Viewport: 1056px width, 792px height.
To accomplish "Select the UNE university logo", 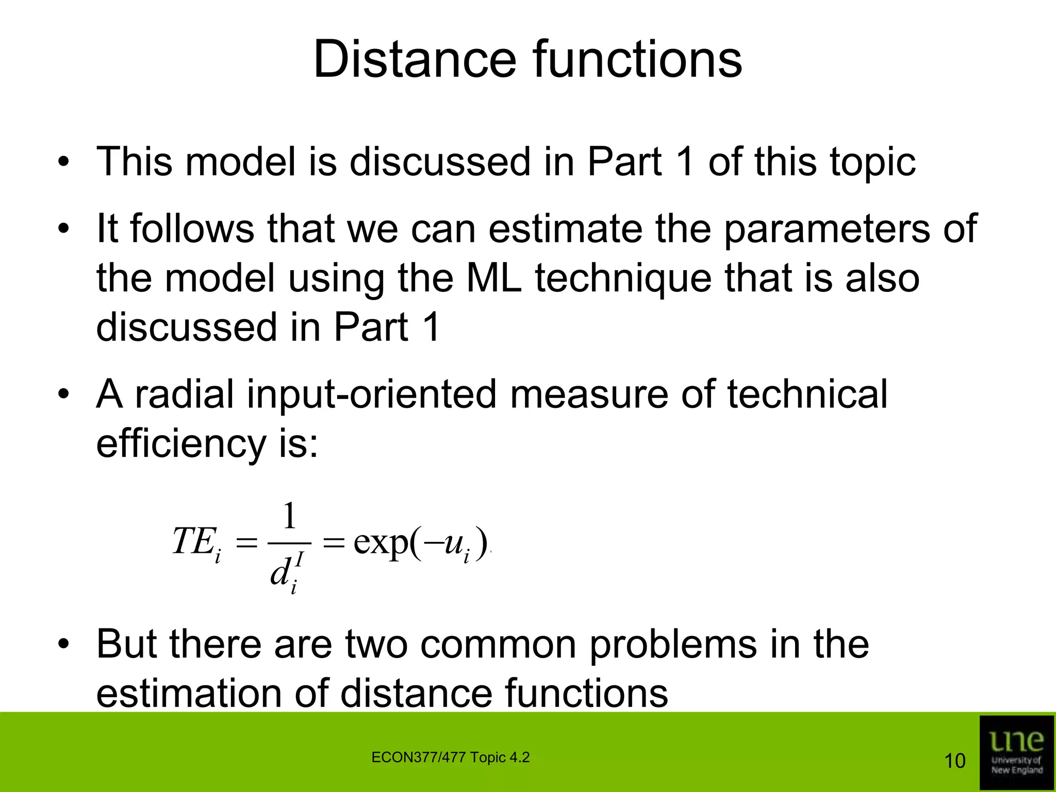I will (1009, 752).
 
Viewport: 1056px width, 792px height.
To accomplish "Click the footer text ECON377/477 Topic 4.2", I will (450, 757).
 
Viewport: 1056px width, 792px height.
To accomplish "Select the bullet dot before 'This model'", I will (63, 163).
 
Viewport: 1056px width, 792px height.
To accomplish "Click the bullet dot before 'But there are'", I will (63, 645).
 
